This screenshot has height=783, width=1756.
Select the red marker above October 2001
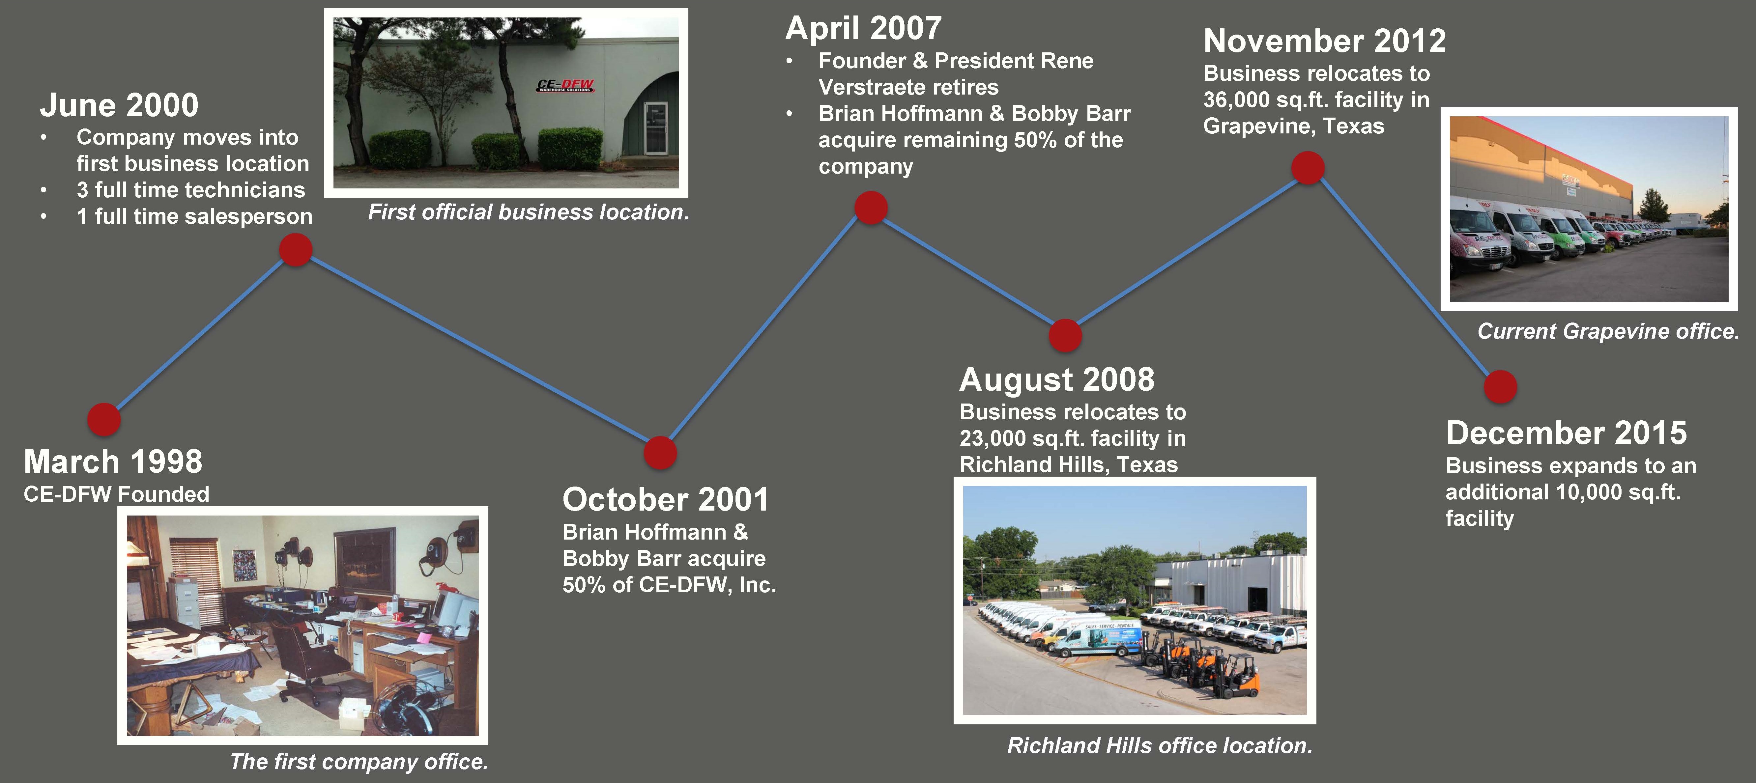660,453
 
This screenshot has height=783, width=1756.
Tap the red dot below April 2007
871,207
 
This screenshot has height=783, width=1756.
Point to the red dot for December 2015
1500,386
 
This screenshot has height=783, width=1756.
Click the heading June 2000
119,105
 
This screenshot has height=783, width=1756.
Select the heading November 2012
1325,41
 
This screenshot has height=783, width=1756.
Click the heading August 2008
1057,379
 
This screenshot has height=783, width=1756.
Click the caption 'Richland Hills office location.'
1160,745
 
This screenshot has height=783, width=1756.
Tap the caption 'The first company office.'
359,761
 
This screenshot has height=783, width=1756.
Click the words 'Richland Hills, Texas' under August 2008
1068,465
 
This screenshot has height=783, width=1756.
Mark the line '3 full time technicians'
191,189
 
